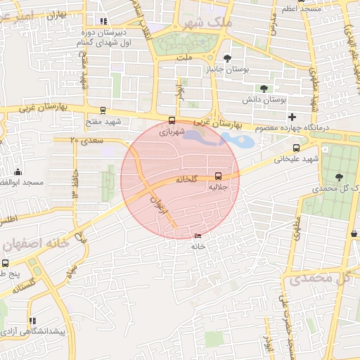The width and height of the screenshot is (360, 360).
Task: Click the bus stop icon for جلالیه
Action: click(217, 176)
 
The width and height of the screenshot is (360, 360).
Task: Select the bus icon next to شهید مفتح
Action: click(103, 110)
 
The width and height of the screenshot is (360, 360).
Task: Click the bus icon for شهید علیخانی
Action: click(296, 148)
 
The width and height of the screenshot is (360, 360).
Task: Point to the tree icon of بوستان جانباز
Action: click(226, 58)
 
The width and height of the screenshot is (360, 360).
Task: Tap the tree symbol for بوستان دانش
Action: click(264, 89)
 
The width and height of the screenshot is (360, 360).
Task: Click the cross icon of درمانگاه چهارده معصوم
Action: click(292, 116)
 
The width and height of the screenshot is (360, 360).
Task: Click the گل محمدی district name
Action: click(319, 278)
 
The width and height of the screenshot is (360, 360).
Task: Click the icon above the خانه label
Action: click(198, 236)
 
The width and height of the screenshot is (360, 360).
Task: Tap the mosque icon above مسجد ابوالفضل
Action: click(18, 172)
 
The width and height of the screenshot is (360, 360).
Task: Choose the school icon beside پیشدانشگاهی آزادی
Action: click(31, 320)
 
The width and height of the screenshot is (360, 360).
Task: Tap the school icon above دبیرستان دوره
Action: click(104, 22)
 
